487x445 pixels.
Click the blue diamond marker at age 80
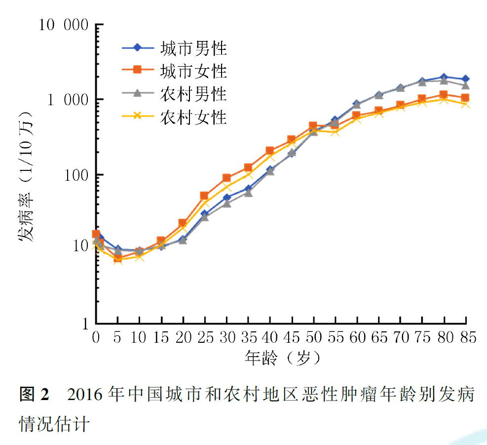[x=444, y=77]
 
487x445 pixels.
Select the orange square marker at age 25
[x=204, y=196]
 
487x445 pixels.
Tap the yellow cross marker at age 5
[x=117, y=260]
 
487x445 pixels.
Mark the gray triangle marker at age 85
[x=465, y=85]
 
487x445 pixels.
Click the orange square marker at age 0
[x=96, y=234]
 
